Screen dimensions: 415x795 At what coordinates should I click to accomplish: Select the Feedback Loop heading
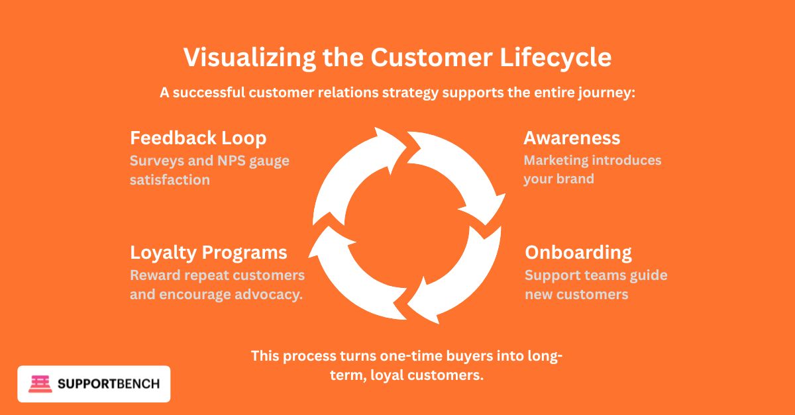[x=198, y=138]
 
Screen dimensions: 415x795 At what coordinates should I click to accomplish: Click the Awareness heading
[x=572, y=138]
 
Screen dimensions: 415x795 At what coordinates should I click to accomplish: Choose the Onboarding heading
[x=578, y=252]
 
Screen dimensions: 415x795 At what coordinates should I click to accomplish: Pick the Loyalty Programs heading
[x=209, y=252]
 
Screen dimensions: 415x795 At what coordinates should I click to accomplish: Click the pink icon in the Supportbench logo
[x=40, y=384]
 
